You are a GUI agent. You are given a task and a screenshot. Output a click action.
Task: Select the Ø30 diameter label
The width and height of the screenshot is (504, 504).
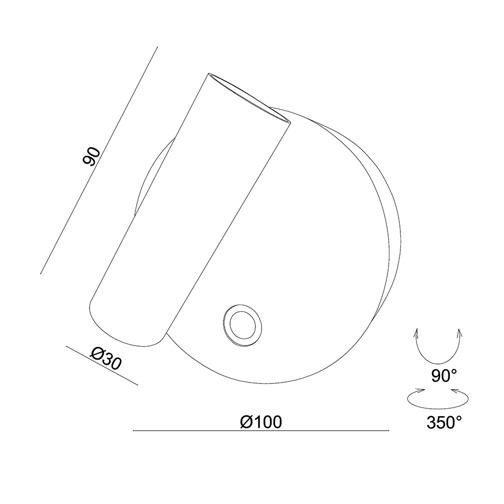(x=106, y=358)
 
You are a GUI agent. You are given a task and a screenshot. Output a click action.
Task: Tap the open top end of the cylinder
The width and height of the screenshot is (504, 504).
(x=249, y=97)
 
